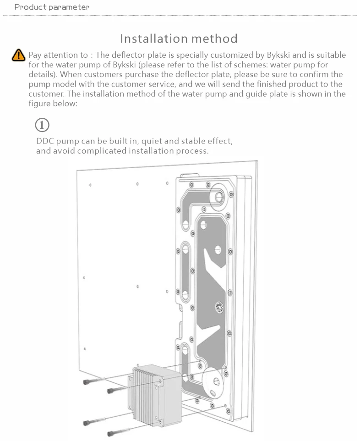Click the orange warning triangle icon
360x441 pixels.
click(x=18, y=55)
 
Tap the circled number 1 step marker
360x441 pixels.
click(x=42, y=125)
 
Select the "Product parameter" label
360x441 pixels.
click(x=52, y=7)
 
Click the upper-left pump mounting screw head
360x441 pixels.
click(x=87, y=381)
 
